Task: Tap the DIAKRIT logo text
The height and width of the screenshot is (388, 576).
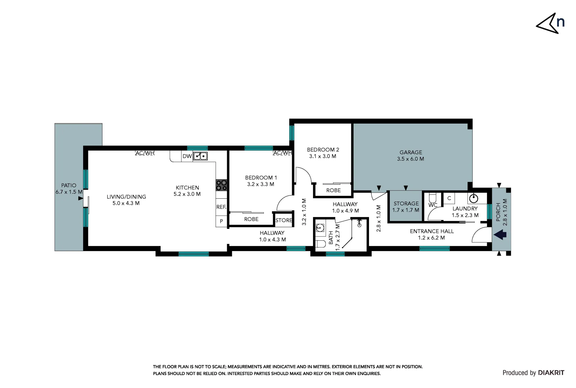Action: [551, 373]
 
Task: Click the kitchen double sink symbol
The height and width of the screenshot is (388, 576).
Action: [201, 156]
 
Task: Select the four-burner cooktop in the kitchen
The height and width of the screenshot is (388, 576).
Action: [221, 185]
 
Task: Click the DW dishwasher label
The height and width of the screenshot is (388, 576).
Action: [187, 156]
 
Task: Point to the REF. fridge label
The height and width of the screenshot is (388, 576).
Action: [221, 207]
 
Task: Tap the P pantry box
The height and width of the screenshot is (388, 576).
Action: [221, 221]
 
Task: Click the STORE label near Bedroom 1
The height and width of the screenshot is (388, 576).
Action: [284, 220]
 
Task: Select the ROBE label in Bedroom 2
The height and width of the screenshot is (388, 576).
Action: [333, 190]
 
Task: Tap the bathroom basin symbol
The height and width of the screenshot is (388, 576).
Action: [320, 227]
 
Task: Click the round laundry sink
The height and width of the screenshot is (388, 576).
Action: [474, 198]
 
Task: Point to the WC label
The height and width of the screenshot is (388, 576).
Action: [433, 205]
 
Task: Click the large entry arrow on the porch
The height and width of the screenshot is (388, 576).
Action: [500, 235]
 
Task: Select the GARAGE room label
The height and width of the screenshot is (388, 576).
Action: [410, 152]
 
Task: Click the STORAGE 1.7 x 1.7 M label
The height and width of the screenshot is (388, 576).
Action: [406, 207]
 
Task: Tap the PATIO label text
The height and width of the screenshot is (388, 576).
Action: [69, 185]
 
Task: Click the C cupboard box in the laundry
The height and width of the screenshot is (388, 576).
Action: [449, 198]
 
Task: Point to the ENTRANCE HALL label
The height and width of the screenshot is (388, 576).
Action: [432, 231]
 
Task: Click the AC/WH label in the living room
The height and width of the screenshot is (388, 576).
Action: [145, 153]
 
